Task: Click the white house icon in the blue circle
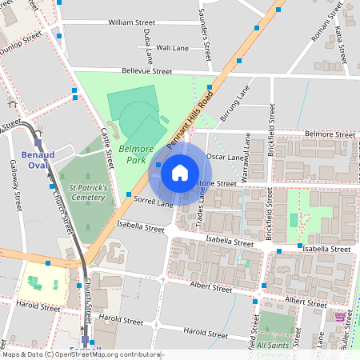coord(180,172)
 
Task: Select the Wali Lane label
coord(173,47)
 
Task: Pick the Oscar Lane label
coord(225,158)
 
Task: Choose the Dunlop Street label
coord(20,42)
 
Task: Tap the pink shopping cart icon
coord(340,317)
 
